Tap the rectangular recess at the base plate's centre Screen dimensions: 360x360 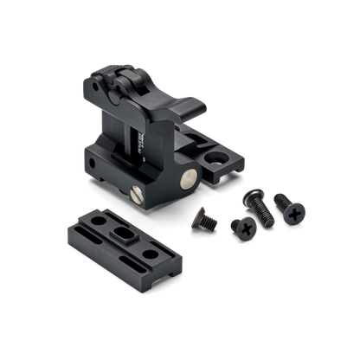122,239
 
